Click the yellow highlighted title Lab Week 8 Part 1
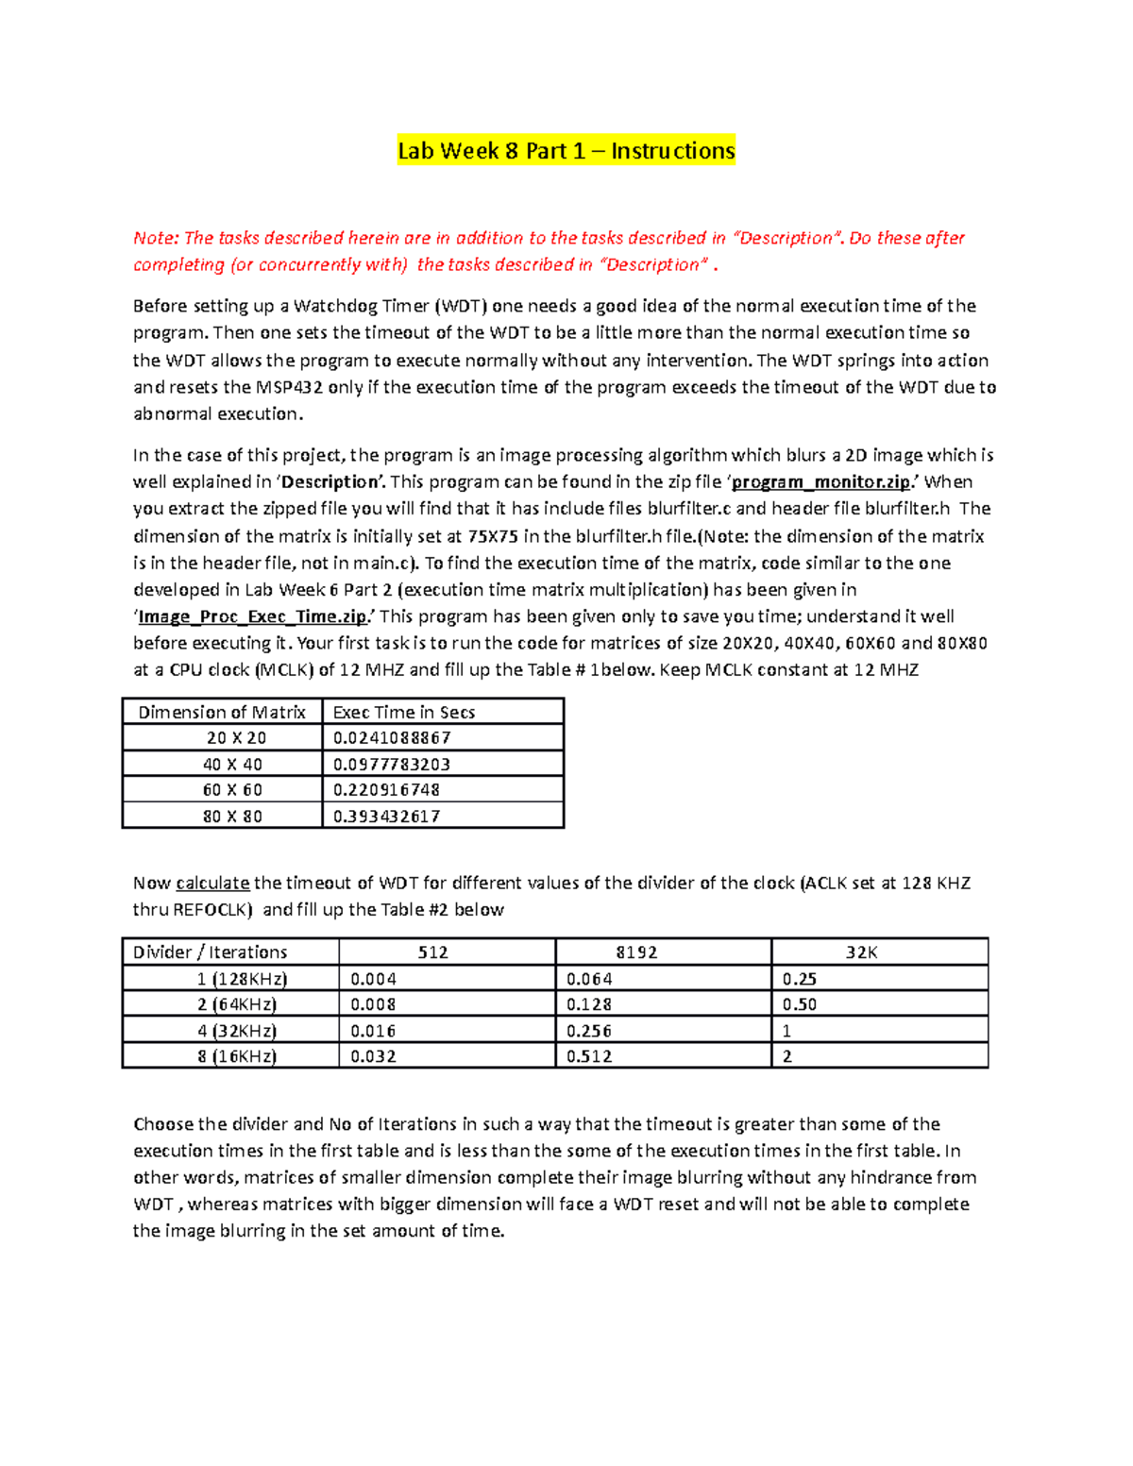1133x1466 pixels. click(x=566, y=151)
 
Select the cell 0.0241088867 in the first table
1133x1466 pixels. click(x=392, y=738)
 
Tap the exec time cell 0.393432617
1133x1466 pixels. click(x=386, y=817)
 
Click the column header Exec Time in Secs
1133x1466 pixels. click(x=403, y=713)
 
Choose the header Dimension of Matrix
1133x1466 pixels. click(x=222, y=713)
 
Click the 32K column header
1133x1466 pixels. click(x=861, y=952)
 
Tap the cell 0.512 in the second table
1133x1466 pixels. click(x=589, y=1056)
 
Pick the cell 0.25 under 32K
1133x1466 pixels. click(x=799, y=979)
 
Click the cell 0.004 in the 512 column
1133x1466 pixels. click(x=373, y=979)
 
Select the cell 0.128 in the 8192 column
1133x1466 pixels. click(x=589, y=1004)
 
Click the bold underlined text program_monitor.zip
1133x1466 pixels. click(x=821, y=482)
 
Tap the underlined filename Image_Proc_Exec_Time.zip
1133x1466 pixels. click(x=253, y=617)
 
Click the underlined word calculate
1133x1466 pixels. click(x=212, y=884)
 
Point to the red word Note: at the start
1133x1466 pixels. click(x=156, y=238)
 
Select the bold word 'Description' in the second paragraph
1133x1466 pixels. click(x=330, y=482)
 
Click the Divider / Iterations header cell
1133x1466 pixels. click(x=210, y=952)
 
